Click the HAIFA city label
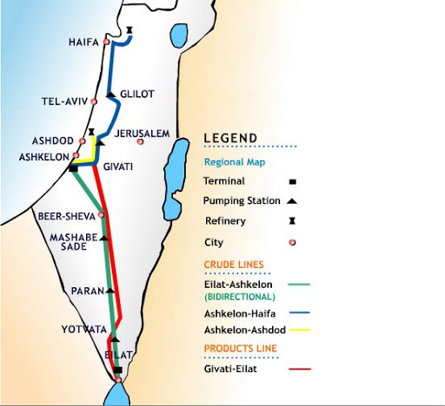[x=83, y=42]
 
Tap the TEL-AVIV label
[x=64, y=101]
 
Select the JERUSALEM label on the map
[x=141, y=134]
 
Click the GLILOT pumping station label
[x=136, y=94]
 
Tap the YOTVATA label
[x=83, y=330]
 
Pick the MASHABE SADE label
[x=74, y=240]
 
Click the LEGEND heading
[x=230, y=138]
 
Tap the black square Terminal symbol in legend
[x=292, y=181]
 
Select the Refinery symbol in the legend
[x=292, y=221]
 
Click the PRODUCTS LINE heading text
[x=239, y=349]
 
